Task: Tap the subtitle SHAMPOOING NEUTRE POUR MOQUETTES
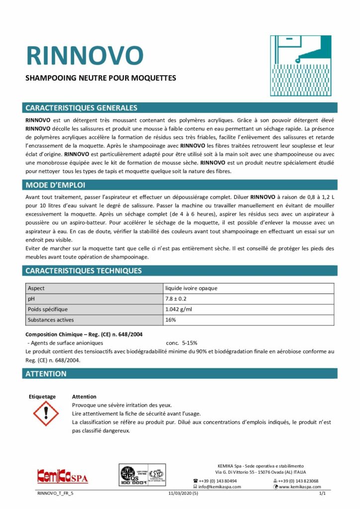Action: pyautogui.click(x=100, y=78)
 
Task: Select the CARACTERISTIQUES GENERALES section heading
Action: pyautogui.click(x=81, y=108)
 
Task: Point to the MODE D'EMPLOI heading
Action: pyautogui.click(x=55, y=185)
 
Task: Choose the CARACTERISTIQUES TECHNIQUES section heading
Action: pyautogui.click(x=83, y=271)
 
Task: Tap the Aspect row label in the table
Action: pyautogui.click(x=36, y=288)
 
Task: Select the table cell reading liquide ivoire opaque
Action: pyautogui.click(x=191, y=288)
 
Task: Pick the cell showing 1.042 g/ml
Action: pyautogui.click(x=179, y=309)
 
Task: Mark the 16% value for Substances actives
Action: pyautogui.click(x=171, y=320)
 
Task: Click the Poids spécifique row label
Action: pyautogui.click(x=48, y=309)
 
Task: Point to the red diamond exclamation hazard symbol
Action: pyautogui.click(x=45, y=413)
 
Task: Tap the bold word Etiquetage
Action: pyautogui.click(x=42, y=397)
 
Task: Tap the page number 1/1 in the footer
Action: pyautogui.click(x=322, y=494)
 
